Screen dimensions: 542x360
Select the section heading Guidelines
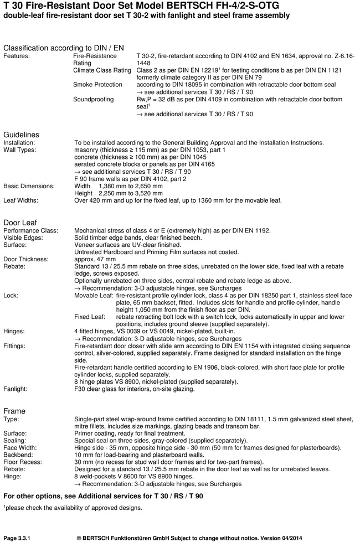click(x=22, y=135)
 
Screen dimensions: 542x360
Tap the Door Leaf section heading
click(x=20, y=223)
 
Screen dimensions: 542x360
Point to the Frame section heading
click(x=14, y=411)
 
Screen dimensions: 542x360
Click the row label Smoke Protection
click(x=97, y=85)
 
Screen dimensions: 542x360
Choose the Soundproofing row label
click(x=94, y=99)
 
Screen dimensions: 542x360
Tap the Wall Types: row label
click(x=20, y=150)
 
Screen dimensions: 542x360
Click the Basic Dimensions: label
click(x=29, y=186)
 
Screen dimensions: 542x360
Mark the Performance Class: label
click(x=30, y=230)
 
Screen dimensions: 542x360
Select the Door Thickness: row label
click(x=26, y=259)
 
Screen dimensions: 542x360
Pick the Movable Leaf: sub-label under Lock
click(x=94, y=296)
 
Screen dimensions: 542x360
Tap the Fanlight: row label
click(x=18, y=389)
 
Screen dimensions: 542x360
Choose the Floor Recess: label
click(x=23, y=462)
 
